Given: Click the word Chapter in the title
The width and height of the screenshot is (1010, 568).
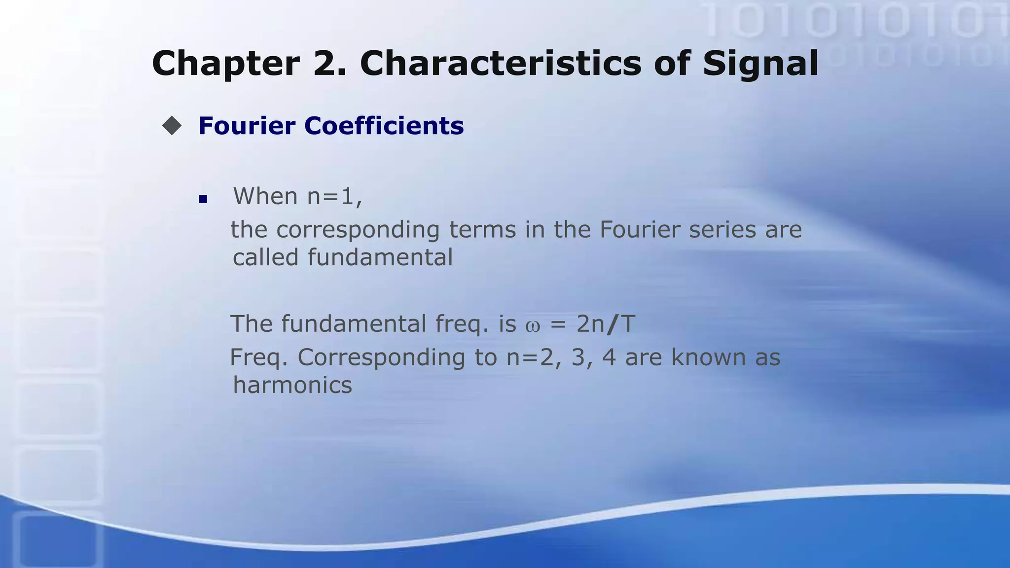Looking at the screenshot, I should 226,64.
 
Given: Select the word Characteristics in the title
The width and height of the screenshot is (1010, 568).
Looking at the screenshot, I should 501,63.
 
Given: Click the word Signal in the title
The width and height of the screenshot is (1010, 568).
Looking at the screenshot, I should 760,64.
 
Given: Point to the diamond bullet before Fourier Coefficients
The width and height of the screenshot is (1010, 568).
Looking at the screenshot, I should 172,126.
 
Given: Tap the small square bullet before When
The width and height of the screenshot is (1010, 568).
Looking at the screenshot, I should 203,199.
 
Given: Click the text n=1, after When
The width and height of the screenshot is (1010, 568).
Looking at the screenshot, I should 335,197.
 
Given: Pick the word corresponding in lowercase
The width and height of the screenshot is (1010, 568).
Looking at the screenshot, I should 358,230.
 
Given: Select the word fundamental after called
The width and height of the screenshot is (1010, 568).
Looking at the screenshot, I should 380,257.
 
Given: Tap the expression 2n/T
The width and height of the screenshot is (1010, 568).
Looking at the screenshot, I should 606,324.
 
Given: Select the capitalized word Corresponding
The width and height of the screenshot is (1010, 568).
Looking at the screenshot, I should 381,358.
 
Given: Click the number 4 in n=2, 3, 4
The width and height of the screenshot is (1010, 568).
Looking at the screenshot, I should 609,357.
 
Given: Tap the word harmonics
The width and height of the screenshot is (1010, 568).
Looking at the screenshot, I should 292,385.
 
